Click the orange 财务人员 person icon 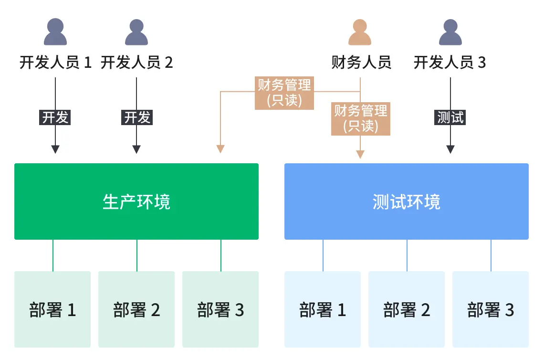click(x=360, y=32)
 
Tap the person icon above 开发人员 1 click(x=55, y=32)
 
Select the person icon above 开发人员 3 click(x=450, y=32)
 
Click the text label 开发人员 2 click(x=136, y=63)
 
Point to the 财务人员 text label click(x=361, y=63)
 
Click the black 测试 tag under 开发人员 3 click(x=450, y=117)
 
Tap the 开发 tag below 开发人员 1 click(x=55, y=117)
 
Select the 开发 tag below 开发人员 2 click(x=137, y=117)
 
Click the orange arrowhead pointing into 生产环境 click(x=220, y=148)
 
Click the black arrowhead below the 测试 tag click(x=450, y=149)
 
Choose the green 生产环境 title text click(x=136, y=202)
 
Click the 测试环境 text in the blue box click(x=406, y=202)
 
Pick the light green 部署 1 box click(x=52, y=309)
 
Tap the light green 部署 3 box click(x=220, y=309)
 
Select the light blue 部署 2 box click(x=407, y=309)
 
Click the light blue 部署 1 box click(x=323, y=309)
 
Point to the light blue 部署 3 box click(x=491, y=309)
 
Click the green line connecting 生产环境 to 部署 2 click(x=137, y=255)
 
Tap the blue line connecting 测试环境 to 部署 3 click(x=491, y=255)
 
